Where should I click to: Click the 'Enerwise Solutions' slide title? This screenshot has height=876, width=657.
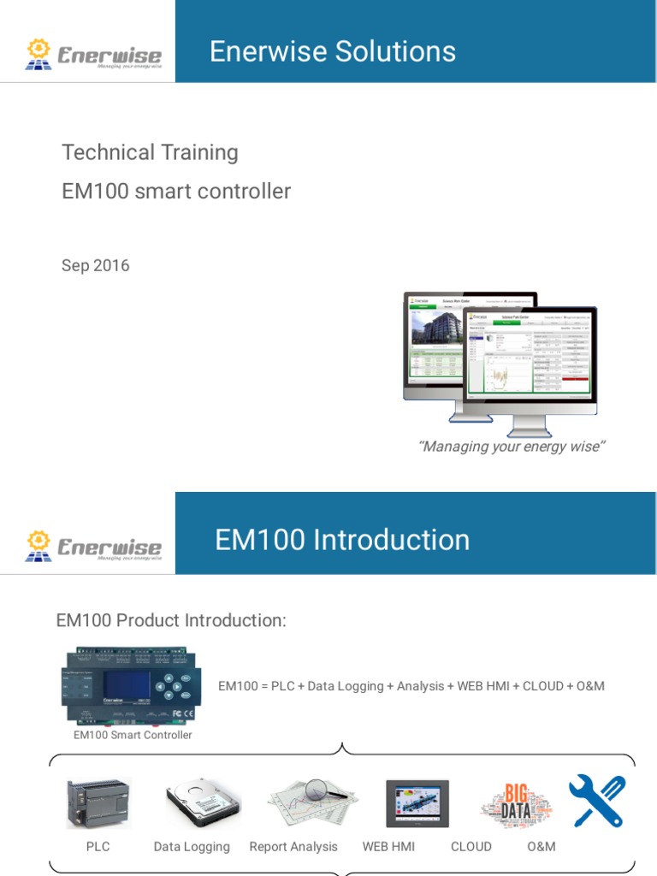pyautogui.click(x=333, y=51)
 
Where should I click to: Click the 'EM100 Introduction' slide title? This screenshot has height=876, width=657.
pyautogui.click(x=342, y=540)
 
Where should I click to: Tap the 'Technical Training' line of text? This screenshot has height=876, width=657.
pyautogui.click(x=150, y=152)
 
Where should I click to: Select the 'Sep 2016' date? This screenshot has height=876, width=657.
pyautogui.click(x=96, y=265)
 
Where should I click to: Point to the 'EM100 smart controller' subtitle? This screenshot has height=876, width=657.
pyautogui.click(x=176, y=191)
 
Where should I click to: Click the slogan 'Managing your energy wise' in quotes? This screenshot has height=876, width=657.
pyautogui.click(x=511, y=447)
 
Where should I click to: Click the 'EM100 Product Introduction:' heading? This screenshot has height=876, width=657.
pyautogui.click(x=171, y=620)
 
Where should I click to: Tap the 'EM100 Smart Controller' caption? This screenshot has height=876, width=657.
pyautogui.click(x=133, y=735)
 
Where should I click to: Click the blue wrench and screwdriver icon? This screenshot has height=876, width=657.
pyautogui.click(x=598, y=800)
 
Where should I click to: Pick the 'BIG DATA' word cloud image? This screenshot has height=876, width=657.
pyautogui.click(x=515, y=804)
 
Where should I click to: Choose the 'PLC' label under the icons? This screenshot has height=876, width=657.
pyautogui.click(x=98, y=846)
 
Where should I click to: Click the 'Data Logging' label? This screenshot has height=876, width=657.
pyautogui.click(x=192, y=846)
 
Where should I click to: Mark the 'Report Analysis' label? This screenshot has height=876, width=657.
pyautogui.click(x=293, y=846)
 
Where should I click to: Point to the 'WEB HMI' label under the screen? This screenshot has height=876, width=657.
pyautogui.click(x=388, y=846)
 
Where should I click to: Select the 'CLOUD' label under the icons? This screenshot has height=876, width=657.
pyautogui.click(x=471, y=846)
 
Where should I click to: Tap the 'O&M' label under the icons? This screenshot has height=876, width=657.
pyautogui.click(x=542, y=846)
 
